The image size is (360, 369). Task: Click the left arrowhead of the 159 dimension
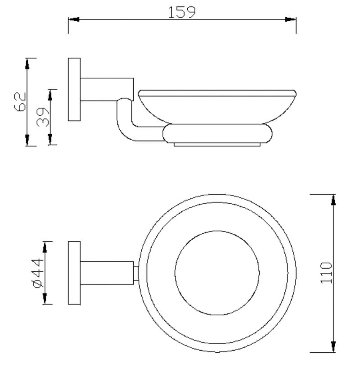[x=73, y=19]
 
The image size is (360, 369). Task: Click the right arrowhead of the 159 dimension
[x=291, y=19]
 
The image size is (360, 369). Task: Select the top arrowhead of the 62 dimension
[x=27, y=64]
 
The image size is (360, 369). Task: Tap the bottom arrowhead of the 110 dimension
[x=333, y=346]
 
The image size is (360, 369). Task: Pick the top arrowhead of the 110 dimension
[x=333, y=200]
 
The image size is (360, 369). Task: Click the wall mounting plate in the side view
[x=74, y=89]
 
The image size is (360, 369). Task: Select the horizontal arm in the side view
[x=107, y=89]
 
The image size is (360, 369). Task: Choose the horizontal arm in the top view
[x=107, y=273]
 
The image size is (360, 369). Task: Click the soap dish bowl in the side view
[x=217, y=106]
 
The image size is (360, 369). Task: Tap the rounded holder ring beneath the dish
[x=218, y=134]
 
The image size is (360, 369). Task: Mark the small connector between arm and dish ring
[x=136, y=273]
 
